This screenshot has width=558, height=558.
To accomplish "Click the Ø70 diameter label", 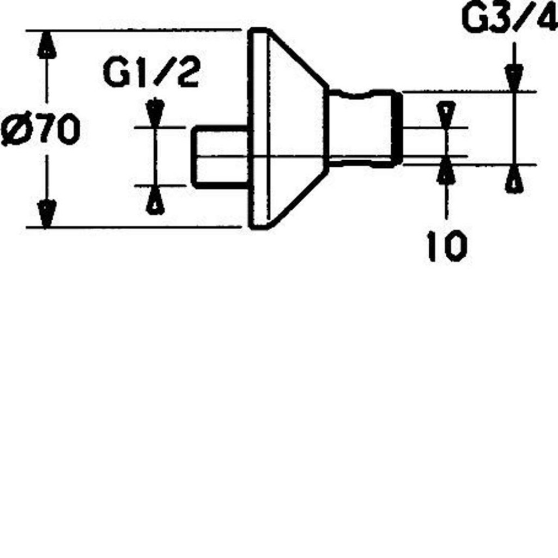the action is pyautogui.click(x=40, y=129).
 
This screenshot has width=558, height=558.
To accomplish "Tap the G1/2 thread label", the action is pyautogui.click(x=151, y=74).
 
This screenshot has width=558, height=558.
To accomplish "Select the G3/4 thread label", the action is pyautogui.click(x=510, y=17).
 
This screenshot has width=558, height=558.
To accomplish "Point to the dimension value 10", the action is pyautogui.click(x=447, y=246).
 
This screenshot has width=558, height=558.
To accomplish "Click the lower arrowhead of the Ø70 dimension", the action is pyautogui.click(x=47, y=214).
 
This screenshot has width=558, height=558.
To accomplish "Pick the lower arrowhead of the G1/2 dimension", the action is pyautogui.click(x=155, y=201).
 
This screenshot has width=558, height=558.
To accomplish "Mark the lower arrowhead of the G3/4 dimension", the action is pyautogui.click(x=514, y=179).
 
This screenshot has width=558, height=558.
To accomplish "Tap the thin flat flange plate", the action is pyautogui.click(x=259, y=129).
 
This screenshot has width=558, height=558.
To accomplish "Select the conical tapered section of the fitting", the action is pyautogui.click(x=298, y=129).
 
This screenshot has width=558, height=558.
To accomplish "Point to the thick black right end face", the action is pyautogui.click(x=398, y=128).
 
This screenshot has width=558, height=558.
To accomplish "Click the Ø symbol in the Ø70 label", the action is pyautogui.click(x=15, y=129).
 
